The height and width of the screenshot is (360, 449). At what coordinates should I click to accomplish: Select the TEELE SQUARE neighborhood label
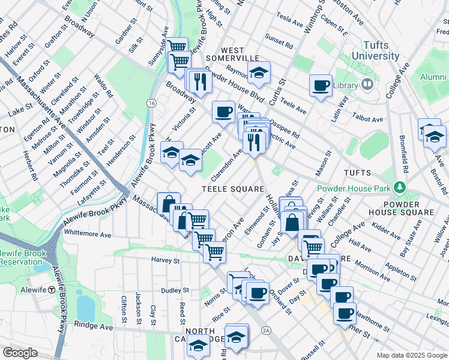tap(233, 189)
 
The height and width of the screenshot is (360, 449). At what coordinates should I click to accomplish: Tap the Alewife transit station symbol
tap(53, 290)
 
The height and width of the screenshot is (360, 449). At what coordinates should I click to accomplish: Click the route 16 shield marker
tap(152, 103)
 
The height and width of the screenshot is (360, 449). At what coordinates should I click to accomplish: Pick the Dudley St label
tap(175, 290)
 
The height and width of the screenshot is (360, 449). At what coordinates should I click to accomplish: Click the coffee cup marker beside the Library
tap(321, 84)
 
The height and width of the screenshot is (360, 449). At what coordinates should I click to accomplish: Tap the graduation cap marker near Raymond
tap(259, 73)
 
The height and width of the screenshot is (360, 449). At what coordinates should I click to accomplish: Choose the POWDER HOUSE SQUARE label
tap(400, 208)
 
